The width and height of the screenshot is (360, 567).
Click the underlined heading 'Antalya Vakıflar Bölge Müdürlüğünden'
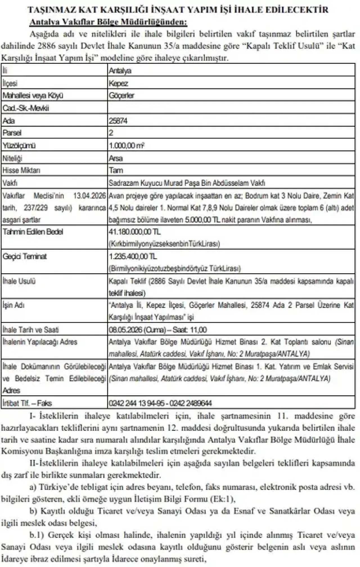[x=108, y=22]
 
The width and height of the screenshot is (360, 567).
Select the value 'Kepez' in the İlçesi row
[x=118, y=83]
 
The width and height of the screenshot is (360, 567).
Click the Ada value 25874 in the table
[x=118, y=121]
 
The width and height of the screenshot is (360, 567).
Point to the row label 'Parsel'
[x=12, y=133]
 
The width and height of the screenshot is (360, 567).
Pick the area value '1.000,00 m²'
[x=127, y=146]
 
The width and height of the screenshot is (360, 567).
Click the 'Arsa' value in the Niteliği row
[x=116, y=158]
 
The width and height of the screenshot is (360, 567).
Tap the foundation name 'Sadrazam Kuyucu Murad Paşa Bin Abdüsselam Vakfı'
[x=187, y=183]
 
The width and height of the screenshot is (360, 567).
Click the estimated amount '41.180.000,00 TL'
[x=135, y=232]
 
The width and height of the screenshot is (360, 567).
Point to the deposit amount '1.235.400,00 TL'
[x=133, y=256]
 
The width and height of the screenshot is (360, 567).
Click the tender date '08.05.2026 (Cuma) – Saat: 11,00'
[x=157, y=329]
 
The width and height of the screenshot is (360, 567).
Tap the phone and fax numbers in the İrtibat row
[x=160, y=403]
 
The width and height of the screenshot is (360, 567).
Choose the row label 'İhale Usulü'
[x=19, y=281]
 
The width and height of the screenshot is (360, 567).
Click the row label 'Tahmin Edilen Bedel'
[x=33, y=232]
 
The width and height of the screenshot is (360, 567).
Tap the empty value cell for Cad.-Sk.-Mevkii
[x=231, y=108]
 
